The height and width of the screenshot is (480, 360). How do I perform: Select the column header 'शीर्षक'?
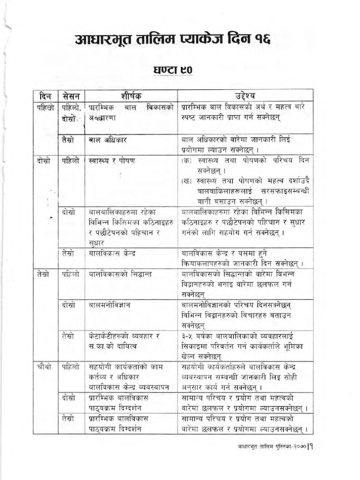(x=131, y=94)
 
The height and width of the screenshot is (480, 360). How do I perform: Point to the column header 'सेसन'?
(x=72, y=94)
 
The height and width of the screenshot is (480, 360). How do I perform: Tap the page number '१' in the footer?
(x=311, y=446)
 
